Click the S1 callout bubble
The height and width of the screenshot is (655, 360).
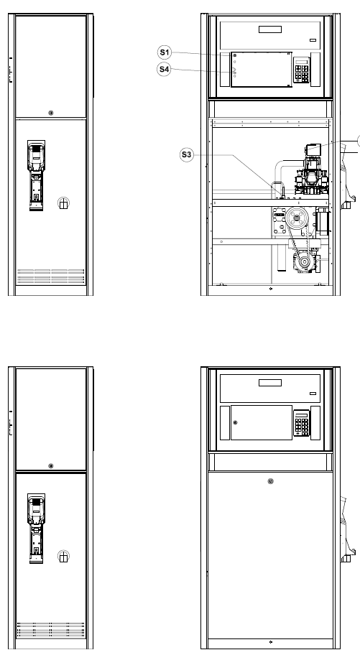tap(165, 52)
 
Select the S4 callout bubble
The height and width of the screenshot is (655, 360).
tap(165, 70)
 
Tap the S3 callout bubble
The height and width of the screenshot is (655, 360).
tap(187, 155)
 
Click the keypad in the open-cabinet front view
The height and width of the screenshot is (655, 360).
tap(302, 70)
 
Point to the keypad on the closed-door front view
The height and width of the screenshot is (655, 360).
tap(302, 423)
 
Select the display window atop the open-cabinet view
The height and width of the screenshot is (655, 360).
tap(270, 29)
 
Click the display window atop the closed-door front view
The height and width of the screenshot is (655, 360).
tap(270, 383)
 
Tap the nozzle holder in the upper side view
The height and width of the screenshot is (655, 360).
tap(37, 175)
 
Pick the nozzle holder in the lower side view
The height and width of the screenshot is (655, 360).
tap(37, 529)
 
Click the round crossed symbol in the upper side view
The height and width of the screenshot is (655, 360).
tap(63, 203)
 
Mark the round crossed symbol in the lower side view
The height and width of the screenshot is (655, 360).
tap(63, 557)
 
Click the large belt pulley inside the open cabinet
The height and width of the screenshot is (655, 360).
tap(297, 217)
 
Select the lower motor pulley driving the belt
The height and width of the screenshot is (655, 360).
tap(305, 262)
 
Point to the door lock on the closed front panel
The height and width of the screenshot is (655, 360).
tap(270, 481)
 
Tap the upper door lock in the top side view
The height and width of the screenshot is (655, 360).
tap(51, 113)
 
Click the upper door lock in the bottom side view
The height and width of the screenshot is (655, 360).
tap(51, 466)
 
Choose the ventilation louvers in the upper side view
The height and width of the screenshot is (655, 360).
tap(50, 276)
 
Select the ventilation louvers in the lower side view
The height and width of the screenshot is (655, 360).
tap(50, 630)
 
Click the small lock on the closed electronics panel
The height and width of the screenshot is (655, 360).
tap(235, 422)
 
